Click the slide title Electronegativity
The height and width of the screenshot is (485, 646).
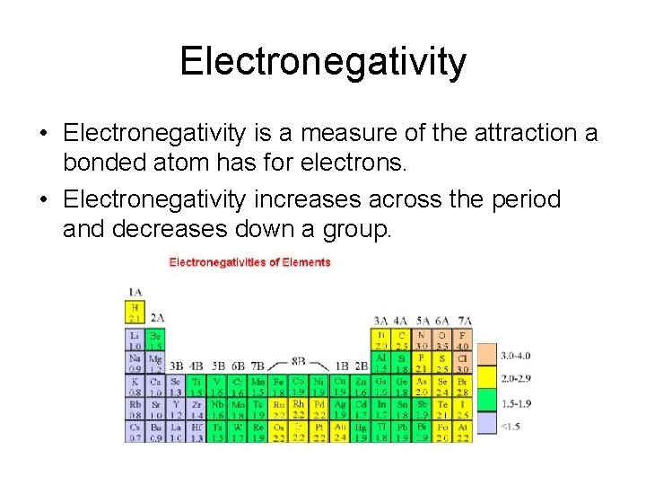[323, 62]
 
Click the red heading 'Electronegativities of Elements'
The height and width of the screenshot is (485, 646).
[249, 262]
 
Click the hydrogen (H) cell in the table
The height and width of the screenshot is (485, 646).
[134, 312]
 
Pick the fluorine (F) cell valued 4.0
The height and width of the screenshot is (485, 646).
[462, 340]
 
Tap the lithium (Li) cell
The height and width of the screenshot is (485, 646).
[134, 340]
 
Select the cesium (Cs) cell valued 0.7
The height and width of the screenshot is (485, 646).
[134, 432]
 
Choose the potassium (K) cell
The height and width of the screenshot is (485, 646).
[134, 386]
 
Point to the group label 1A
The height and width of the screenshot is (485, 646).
[134, 291]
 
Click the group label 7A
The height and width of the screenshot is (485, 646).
[464, 319]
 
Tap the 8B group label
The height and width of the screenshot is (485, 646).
[298, 362]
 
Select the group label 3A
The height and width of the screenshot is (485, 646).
[381, 319]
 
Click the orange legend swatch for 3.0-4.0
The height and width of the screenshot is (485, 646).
[485, 355]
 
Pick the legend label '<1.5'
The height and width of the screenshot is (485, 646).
[511, 425]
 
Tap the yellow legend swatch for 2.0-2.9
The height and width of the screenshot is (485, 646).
[485, 378]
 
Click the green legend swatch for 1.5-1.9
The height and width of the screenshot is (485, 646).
[485, 401]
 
